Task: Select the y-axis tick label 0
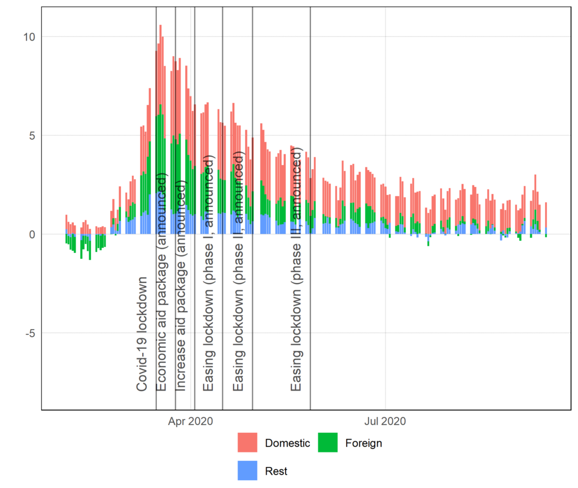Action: pyautogui.click(x=30, y=234)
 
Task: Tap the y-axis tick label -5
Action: pyautogui.click(x=28, y=332)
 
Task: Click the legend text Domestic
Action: pyautogui.click(x=287, y=443)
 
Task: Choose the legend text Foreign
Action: pyautogui.click(x=364, y=443)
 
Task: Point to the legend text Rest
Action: pyautogui.click(x=276, y=471)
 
